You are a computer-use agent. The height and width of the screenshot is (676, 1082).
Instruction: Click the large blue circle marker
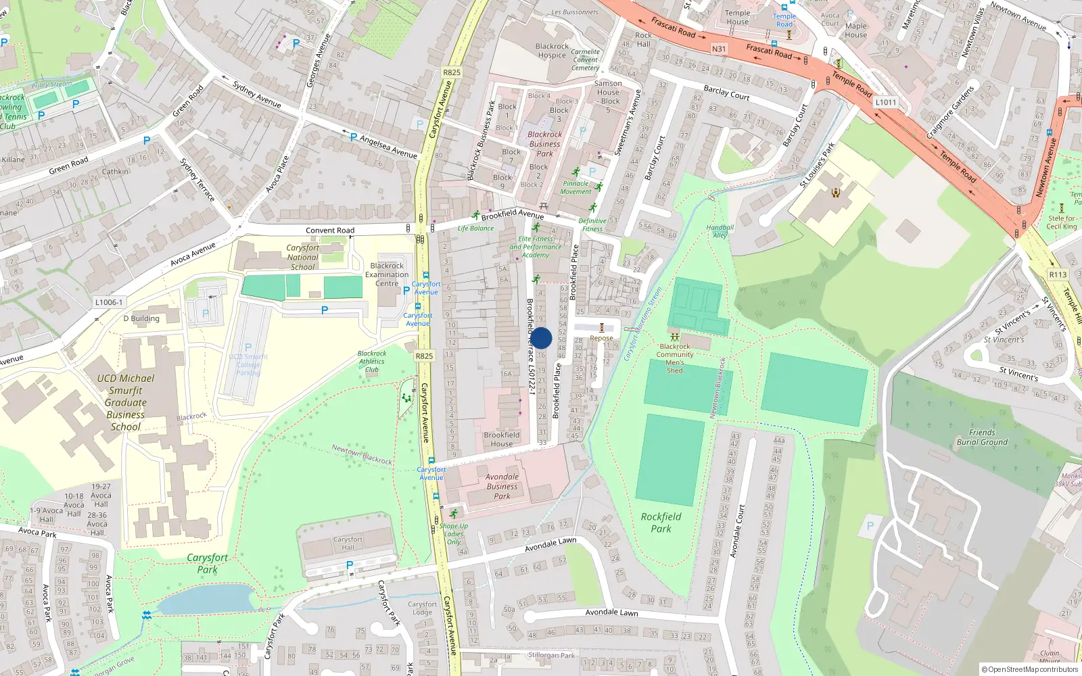pos(541,338)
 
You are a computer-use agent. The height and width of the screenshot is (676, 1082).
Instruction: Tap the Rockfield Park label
pos(661,523)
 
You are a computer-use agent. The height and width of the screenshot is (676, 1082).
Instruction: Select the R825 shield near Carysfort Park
pos(424,356)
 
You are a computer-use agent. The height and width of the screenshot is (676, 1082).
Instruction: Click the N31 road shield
pos(719,49)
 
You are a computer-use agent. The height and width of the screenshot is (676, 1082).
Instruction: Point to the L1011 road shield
pos(885,102)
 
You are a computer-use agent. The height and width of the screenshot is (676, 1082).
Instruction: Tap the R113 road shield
pos(1058,274)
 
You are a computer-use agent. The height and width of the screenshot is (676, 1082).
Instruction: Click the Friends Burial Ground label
pos(982,437)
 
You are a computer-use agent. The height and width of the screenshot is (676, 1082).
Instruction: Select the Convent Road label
pos(329,231)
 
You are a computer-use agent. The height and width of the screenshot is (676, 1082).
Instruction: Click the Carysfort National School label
pos(302,258)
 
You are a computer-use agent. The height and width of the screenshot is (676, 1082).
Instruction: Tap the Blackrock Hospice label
pos(552,51)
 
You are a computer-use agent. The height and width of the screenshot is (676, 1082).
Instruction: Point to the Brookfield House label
pos(501,439)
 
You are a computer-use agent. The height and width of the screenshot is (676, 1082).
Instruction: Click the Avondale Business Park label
pos(502,486)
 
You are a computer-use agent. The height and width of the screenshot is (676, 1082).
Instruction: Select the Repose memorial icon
pos(601,328)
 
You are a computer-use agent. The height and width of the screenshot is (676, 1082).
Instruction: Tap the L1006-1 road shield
pos(109,303)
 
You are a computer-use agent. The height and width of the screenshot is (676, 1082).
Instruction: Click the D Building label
pos(141,318)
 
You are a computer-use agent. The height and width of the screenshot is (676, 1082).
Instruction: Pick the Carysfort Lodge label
pos(422,608)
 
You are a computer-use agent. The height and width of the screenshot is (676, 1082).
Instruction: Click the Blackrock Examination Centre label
pos(387,274)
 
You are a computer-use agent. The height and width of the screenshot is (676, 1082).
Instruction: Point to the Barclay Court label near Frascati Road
pos(726,93)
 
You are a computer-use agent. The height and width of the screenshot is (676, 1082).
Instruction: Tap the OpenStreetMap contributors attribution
pos(1029,669)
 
